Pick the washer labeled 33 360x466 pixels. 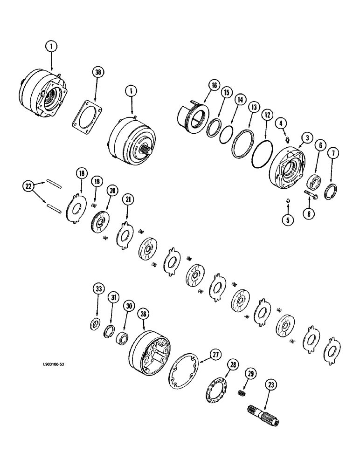coord(95,323)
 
